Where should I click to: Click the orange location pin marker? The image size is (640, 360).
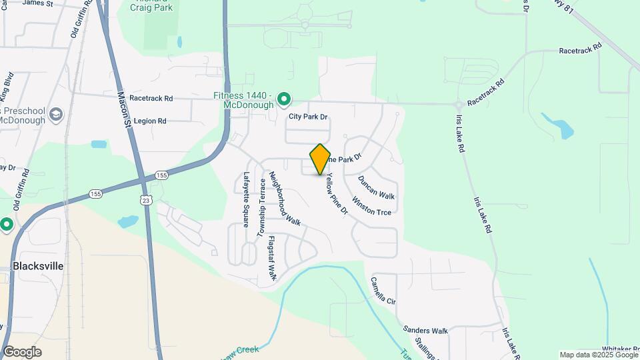coord(320,159)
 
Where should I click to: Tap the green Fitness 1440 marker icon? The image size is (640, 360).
coord(284,101)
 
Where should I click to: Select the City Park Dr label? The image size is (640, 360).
coord(308,117)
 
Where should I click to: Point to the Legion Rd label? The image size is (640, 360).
coord(149,121)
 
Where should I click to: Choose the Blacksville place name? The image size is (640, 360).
coord(38,266)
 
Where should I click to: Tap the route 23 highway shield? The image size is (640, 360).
coord(147,199)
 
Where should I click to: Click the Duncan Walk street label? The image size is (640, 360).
coord(376,187)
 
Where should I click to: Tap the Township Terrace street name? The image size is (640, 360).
coord(262,207)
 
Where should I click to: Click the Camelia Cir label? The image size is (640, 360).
coord(383,291)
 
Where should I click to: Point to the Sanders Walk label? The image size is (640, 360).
coord(425,330)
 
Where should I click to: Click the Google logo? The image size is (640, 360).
coord(22,352)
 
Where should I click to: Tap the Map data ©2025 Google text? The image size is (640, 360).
coord(598,355)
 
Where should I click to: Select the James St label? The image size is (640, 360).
coord(37,3)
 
